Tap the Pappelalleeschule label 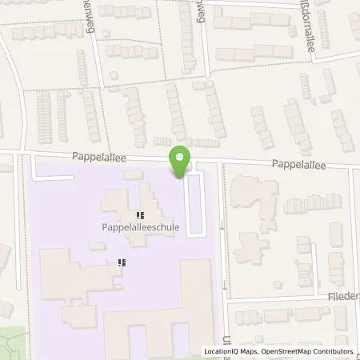(x=139, y=227)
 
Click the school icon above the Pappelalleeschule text (x=140, y=214)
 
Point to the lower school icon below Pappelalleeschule (x=122, y=262)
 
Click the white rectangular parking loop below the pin (x=195, y=205)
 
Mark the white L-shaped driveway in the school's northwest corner (x=44, y=171)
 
